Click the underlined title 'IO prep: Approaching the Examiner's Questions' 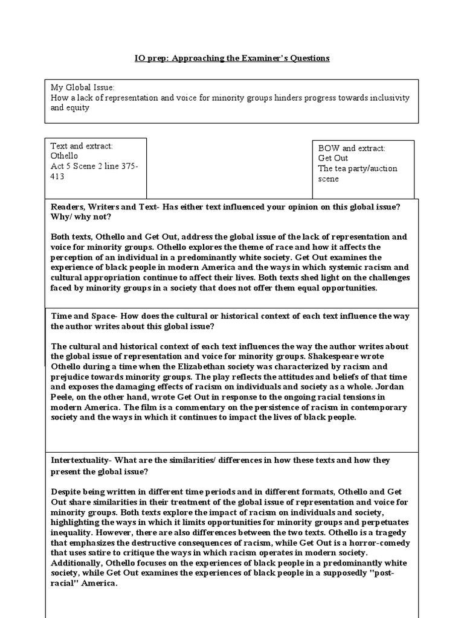click(232, 59)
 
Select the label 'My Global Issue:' click(78, 87)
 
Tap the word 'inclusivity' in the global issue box click(389, 97)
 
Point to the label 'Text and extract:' click(82, 146)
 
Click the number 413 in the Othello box click(57, 177)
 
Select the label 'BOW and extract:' click(351, 148)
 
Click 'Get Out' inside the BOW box click(333, 159)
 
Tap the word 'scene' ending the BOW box click(329, 179)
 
